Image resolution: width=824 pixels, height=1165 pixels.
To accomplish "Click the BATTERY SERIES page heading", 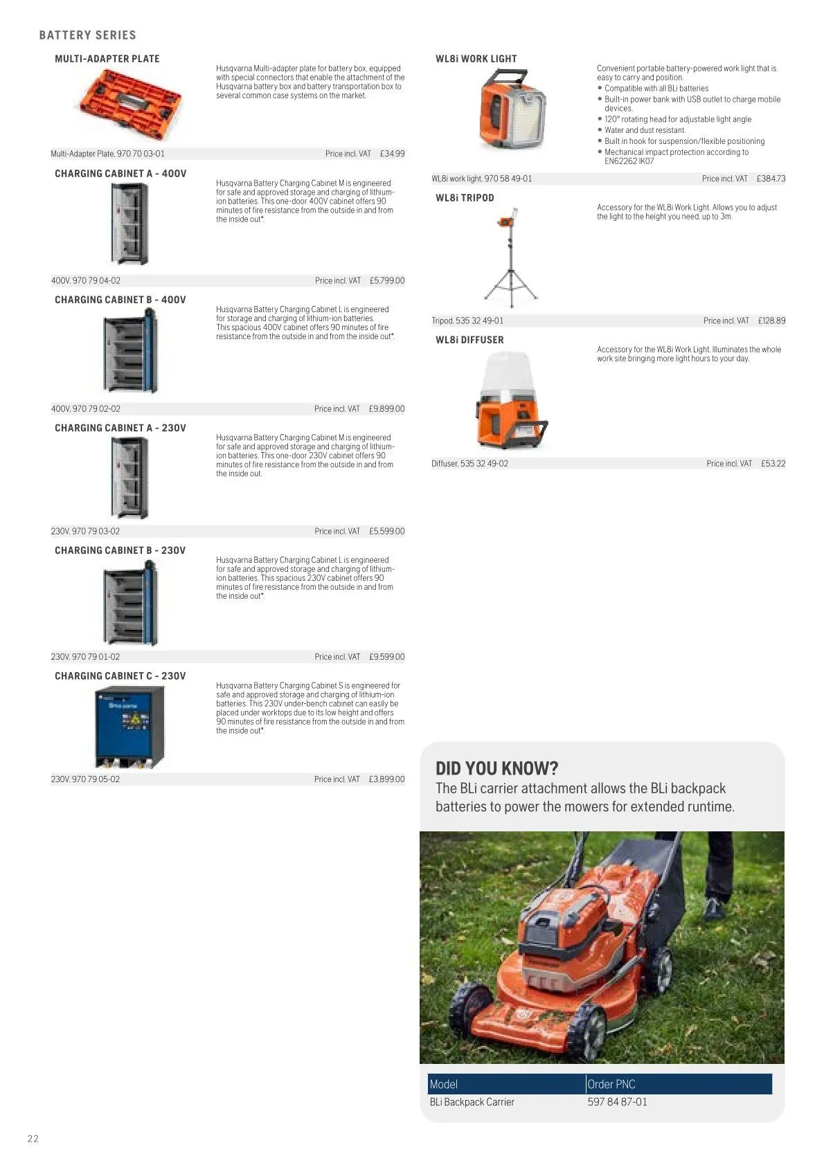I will (87, 35).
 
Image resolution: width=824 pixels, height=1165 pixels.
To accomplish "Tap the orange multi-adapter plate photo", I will (130, 102).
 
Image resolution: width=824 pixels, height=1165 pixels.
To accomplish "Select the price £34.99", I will (392, 154).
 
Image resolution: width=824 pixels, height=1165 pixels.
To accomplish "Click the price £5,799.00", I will (386, 280).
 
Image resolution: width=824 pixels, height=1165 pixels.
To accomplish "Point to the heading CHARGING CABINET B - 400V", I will (120, 300).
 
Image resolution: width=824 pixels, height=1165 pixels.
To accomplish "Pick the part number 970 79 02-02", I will (96, 408).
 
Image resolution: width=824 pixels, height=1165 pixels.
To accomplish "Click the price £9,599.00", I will (386, 656).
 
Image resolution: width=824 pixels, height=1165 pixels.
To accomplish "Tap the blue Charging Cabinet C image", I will (129, 726).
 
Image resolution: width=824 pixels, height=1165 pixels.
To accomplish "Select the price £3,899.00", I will (386, 779).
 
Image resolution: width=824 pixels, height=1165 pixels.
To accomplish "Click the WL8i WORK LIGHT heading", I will (476, 59).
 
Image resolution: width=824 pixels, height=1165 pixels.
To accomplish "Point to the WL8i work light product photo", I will (513, 109).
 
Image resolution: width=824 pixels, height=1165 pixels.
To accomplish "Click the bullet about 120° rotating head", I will (677, 119).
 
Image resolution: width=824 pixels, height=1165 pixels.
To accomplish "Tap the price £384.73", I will (771, 179).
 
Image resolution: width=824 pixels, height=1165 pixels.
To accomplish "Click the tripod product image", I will (511, 259).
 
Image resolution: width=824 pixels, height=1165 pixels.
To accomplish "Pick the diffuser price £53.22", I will (773, 463).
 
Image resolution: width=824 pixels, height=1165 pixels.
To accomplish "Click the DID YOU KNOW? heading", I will (496, 768).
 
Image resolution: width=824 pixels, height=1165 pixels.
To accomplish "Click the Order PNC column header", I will (611, 1084).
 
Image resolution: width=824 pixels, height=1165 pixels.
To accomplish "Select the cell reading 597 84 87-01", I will (617, 1101).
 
